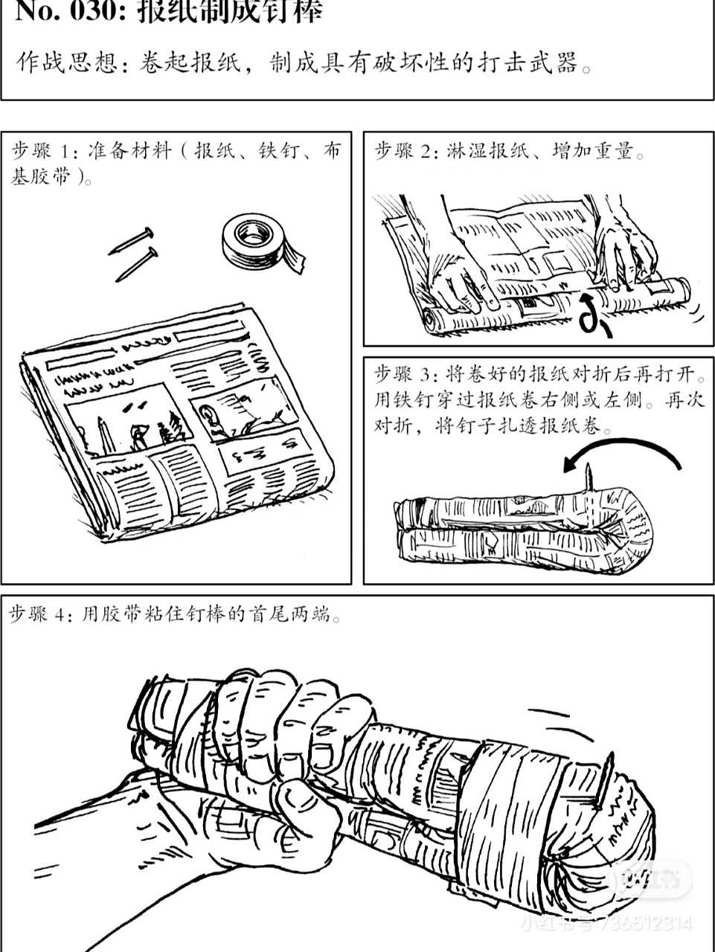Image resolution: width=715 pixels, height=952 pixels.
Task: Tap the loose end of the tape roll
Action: (x=296, y=260)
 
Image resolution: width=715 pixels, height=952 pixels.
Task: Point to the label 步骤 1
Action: (x=43, y=152)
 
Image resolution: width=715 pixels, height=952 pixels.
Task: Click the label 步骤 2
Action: (x=405, y=152)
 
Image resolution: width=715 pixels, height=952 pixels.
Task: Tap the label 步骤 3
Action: (x=405, y=373)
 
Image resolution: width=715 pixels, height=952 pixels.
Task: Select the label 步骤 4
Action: (x=40, y=614)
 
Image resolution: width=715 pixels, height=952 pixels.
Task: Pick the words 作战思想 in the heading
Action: (x=65, y=63)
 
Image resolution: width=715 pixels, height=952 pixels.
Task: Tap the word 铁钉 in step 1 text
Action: (x=276, y=152)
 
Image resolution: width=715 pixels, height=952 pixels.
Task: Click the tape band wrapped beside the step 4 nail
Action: (x=513, y=803)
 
